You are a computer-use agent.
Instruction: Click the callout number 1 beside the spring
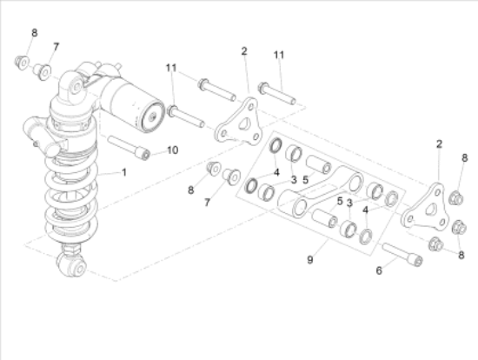pyautogui.click(x=123, y=172)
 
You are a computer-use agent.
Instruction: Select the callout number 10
pyautogui.click(x=173, y=150)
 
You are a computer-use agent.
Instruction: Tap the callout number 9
pyautogui.click(x=309, y=260)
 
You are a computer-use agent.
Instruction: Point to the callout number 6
pyautogui.click(x=379, y=270)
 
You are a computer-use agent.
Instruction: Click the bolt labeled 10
pyautogui.click(x=129, y=147)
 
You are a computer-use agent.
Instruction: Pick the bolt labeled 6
pyautogui.click(x=402, y=254)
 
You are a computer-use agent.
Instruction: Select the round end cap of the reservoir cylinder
pyautogui.click(x=153, y=116)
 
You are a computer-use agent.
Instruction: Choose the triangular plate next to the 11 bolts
pyautogui.click(x=239, y=122)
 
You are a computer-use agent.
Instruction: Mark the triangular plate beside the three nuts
pyautogui.click(x=426, y=209)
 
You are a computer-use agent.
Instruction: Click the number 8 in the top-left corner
pyautogui.click(x=35, y=33)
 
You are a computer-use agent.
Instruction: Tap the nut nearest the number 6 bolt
pyautogui.click(x=435, y=244)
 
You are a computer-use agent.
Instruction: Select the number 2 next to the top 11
pyautogui.click(x=244, y=51)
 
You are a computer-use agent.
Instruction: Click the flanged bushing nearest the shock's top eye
pyautogui.click(x=43, y=72)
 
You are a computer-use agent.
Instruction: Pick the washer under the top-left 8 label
pyautogui.click(x=22, y=63)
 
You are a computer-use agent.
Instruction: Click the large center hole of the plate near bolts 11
pyautogui.click(x=244, y=124)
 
